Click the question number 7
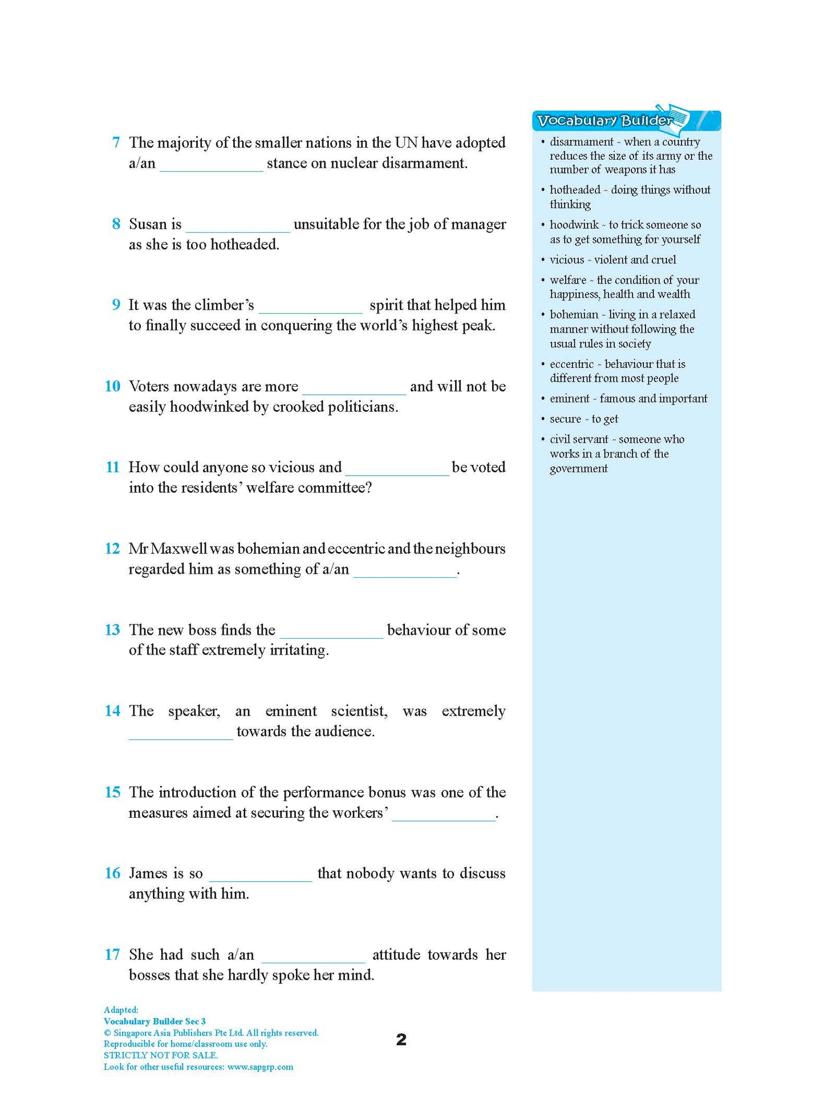point(116,143)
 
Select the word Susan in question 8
point(148,224)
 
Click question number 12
point(112,549)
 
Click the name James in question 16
point(148,873)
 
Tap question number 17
point(112,955)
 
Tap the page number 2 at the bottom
point(401,1040)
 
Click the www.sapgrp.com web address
point(260,1067)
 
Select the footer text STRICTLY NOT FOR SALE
point(161,1055)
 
